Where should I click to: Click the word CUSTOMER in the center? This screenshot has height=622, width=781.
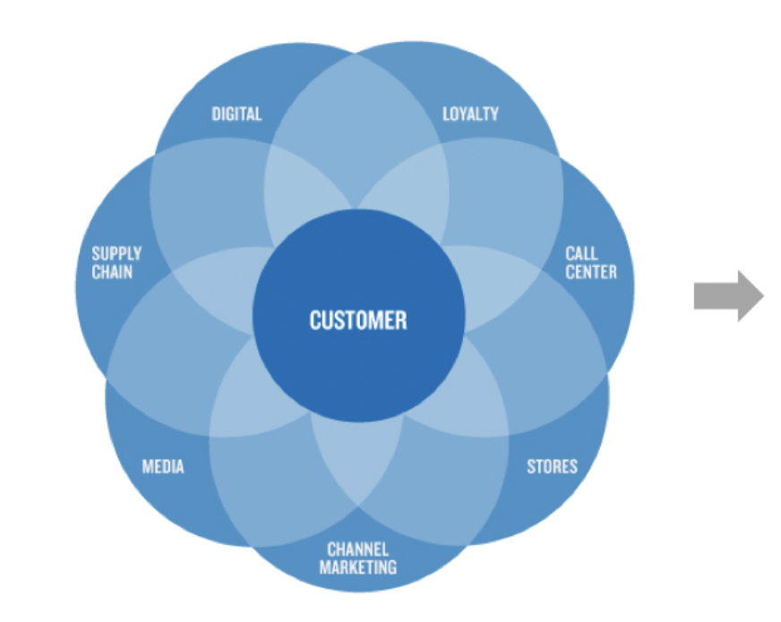pos(358,320)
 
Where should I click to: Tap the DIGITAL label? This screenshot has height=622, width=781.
pos(236,114)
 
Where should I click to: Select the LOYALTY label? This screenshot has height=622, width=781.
pos(470,114)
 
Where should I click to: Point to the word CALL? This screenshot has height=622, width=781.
pos(581,254)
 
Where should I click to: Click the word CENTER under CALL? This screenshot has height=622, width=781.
pos(591,271)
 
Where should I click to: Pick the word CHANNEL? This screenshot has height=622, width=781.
pos(357,549)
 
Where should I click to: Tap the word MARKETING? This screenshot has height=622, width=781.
pos(357,566)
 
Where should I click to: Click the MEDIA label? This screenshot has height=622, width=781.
pos(163,466)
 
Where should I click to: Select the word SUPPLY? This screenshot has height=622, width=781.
pos(116,254)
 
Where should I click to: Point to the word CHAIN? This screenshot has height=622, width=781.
pos(112,271)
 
